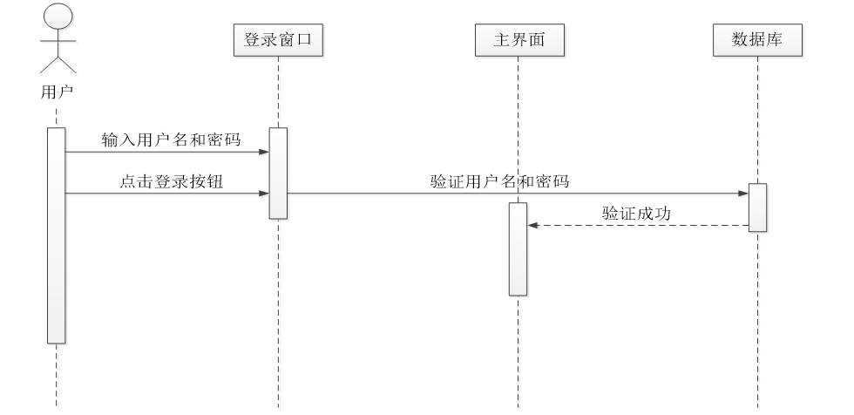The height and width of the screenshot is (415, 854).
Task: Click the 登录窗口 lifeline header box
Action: pyautogui.click(x=278, y=40)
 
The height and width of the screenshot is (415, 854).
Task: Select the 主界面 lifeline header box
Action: pyautogui.click(x=518, y=40)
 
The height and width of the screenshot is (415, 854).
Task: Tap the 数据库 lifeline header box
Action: pyautogui.click(x=757, y=40)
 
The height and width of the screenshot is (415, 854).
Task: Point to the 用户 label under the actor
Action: pyautogui.click(x=57, y=90)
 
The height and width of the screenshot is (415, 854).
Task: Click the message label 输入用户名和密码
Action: pyautogui.click(x=171, y=139)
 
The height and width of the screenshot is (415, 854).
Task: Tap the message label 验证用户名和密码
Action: pyautogui.click(x=499, y=182)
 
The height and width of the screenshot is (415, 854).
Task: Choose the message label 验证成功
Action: pyautogui.click(x=636, y=213)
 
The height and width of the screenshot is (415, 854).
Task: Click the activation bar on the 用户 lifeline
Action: pyautogui.click(x=57, y=235)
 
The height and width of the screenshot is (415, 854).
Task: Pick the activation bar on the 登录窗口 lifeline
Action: pyautogui.click(x=278, y=173)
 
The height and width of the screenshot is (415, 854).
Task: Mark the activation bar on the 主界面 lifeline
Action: pyautogui.click(x=518, y=248)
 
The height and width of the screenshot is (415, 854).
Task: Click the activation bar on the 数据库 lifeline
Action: pyautogui.click(x=757, y=207)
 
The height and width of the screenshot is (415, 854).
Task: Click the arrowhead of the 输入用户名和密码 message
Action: pyautogui.click(x=264, y=152)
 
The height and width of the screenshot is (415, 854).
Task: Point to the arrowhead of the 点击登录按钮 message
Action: pyautogui.click(x=264, y=194)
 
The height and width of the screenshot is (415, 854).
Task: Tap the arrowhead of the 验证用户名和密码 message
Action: pyautogui.click(x=743, y=194)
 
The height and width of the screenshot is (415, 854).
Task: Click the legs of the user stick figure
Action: pyautogui.click(x=57, y=65)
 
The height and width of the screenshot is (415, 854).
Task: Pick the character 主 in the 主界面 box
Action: pyautogui.click(x=501, y=40)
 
